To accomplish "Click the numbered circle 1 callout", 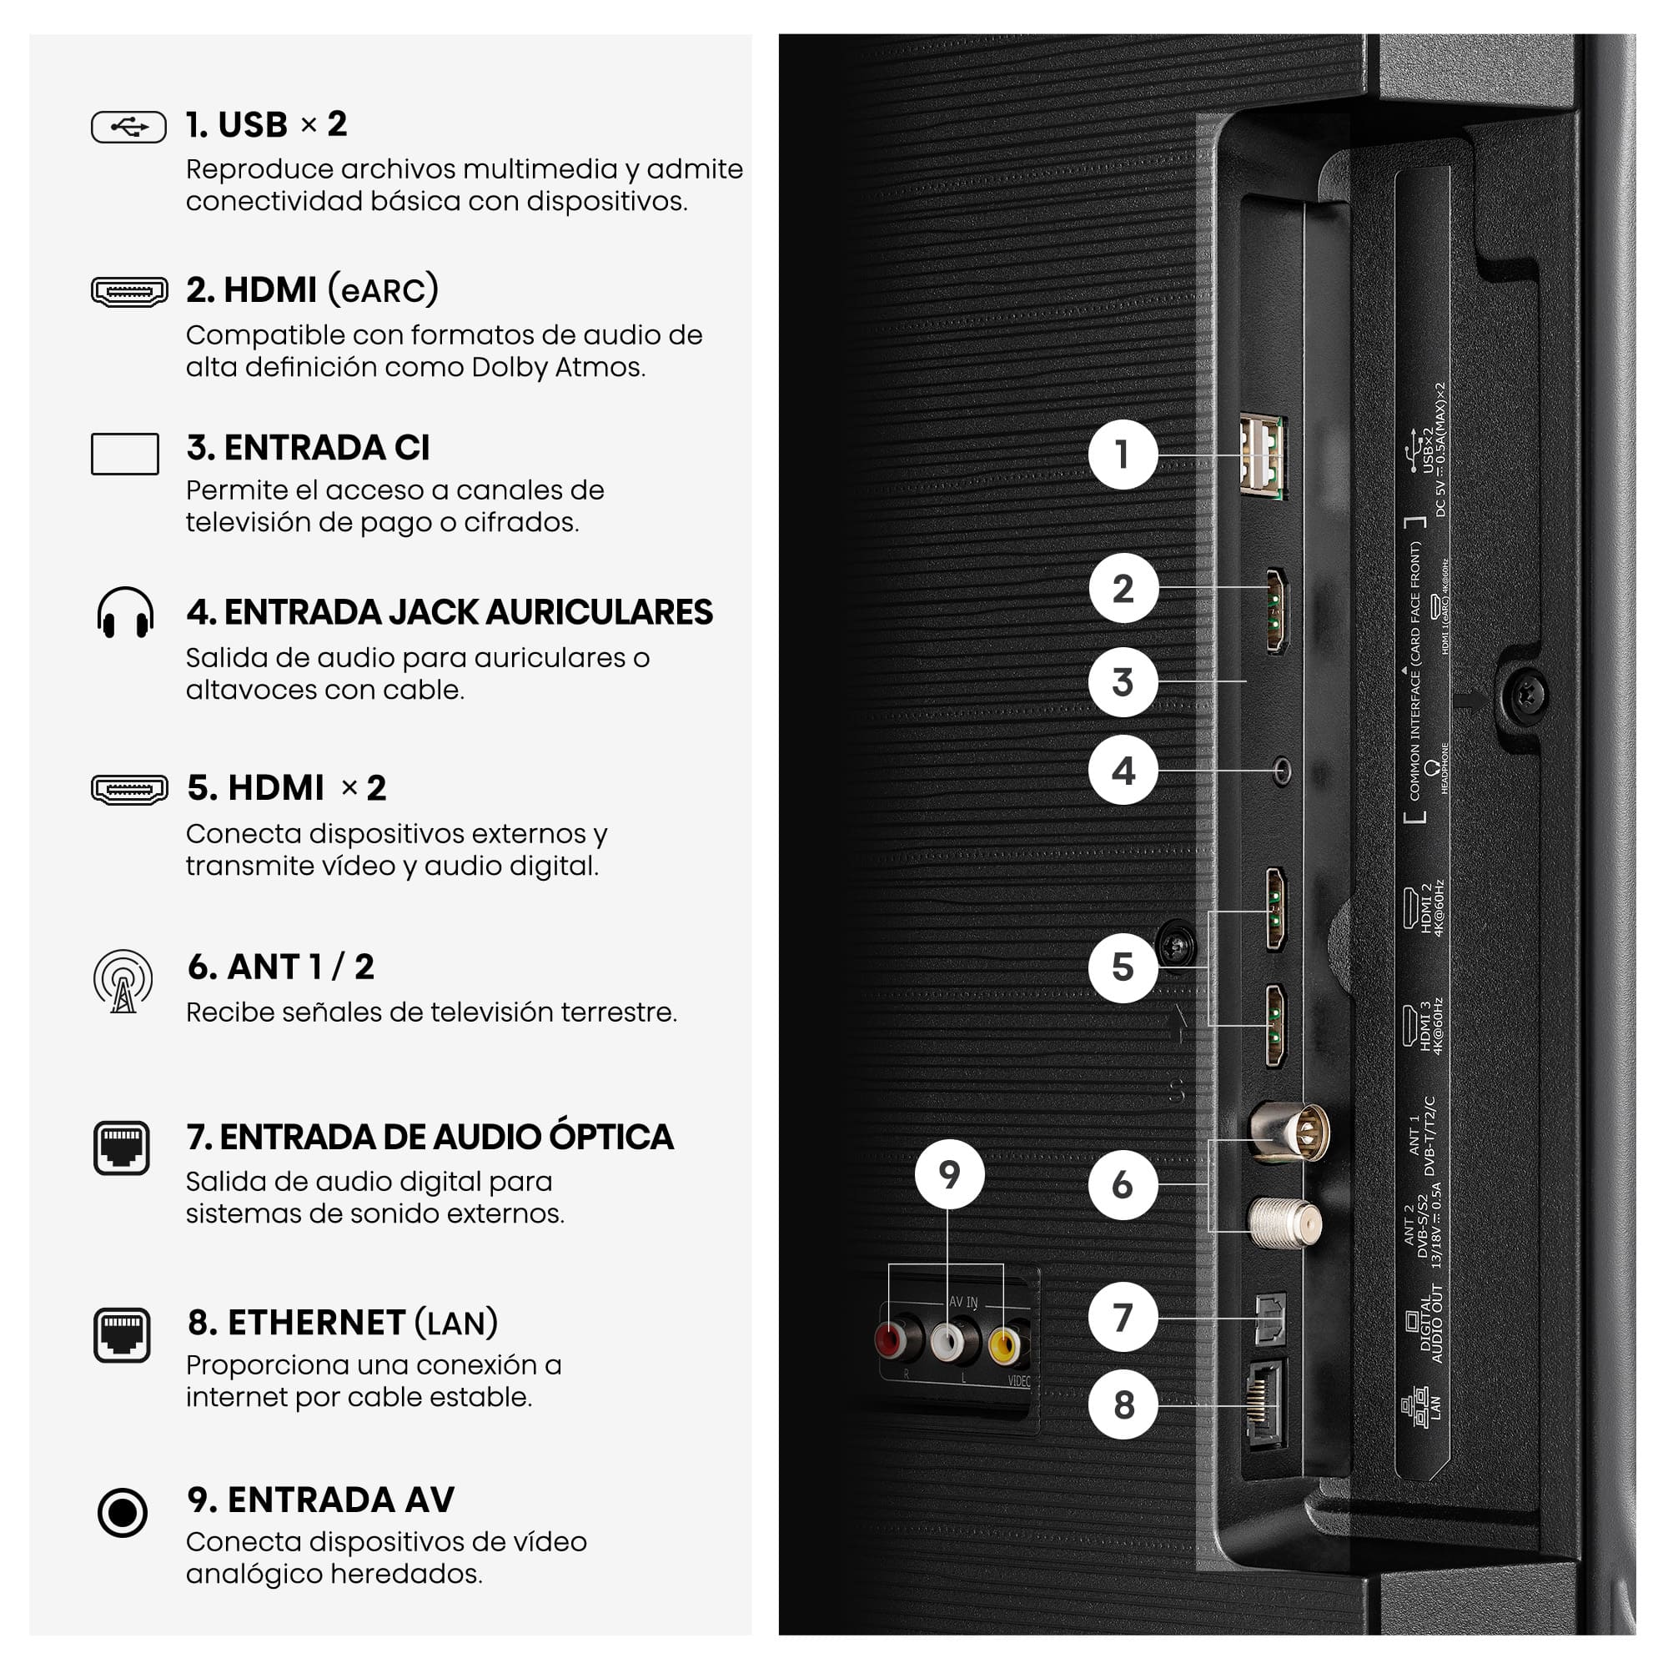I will coord(1123,455).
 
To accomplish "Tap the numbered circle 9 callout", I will coord(949,1174).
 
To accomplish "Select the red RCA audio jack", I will coord(889,1339).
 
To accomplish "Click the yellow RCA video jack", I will coord(1004,1344).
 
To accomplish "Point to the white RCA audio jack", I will coord(947,1341).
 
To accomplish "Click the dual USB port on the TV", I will coord(1262,457).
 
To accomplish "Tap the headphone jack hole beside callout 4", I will coord(1282,770).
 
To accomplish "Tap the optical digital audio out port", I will coord(1269,1319).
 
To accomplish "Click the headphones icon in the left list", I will coord(125,612).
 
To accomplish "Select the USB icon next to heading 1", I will coord(128,127).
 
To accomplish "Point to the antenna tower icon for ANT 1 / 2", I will coord(123,982).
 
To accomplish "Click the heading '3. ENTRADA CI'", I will coord(309,447).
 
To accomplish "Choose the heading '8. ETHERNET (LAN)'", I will coord(343,1322).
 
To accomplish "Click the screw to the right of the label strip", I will coord(1525,695).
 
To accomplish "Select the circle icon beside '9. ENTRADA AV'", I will coord(123,1513).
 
